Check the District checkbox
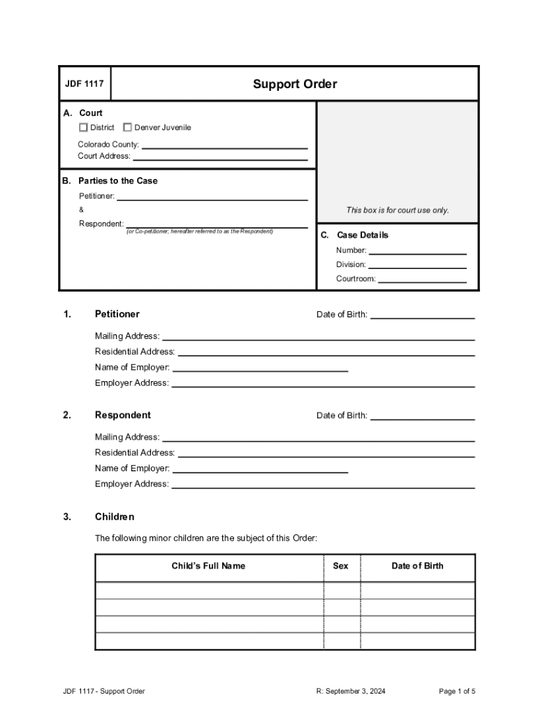tap(83, 127)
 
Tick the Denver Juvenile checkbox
tap(127, 127)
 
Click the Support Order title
tap(294, 84)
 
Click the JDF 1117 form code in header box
tap(85, 84)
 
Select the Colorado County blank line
tap(224, 145)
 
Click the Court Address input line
tap(220, 157)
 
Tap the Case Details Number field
tap(417, 251)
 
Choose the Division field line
tap(417, 265)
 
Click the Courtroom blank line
tap(422, 279)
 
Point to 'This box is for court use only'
tap(398, 210)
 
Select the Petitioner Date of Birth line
tap(422, 315)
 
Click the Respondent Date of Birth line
tap(422, 416)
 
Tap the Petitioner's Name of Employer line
tap(260, 368)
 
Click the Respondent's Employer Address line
tap(323, 485)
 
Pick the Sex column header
tap(340, 566)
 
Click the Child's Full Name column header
tap(208, 566)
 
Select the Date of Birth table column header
tap(417, 566)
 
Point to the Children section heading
tap(115, 517)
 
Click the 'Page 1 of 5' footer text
tap(457, 692)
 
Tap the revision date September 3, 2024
tap(351, 692)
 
